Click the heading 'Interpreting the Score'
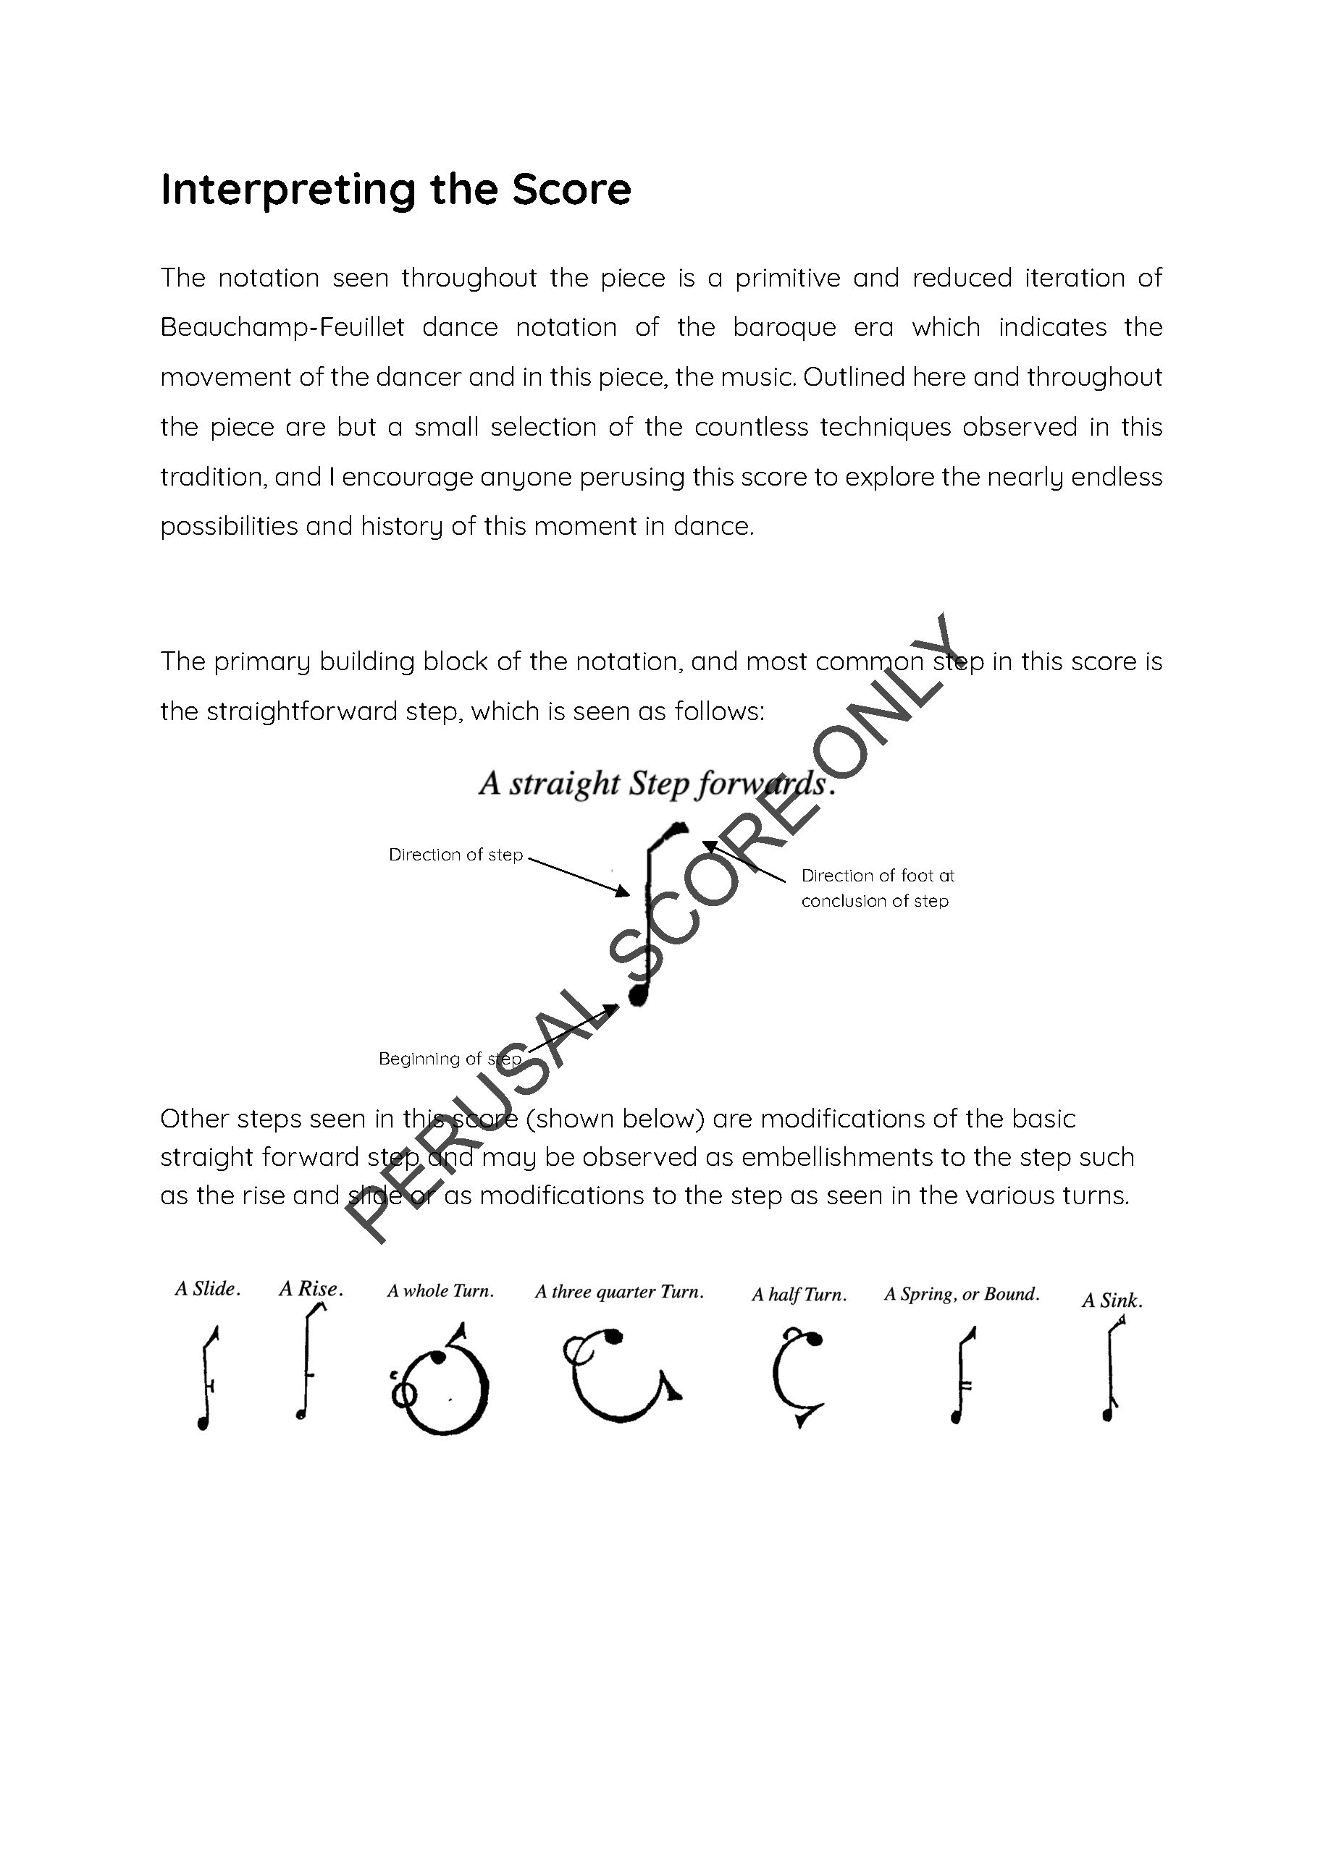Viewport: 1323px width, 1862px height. (x=396, y=189)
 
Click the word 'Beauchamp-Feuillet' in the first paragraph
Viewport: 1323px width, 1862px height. (x=282, y=327)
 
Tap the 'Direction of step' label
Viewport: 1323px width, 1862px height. (x=455, y=855)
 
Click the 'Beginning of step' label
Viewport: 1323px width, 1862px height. (x=450, y=1059)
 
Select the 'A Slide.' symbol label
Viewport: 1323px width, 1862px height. (x=208, y=1289)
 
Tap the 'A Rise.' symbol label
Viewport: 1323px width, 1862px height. (x=311, y=1289)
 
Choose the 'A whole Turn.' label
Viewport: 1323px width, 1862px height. (x=441, y=1291)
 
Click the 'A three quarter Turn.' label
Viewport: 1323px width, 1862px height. (x=619, y=1292)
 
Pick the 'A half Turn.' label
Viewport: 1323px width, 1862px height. (x=798, y=1295)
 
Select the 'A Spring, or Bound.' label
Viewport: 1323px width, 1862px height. (x=962, y=1294)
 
